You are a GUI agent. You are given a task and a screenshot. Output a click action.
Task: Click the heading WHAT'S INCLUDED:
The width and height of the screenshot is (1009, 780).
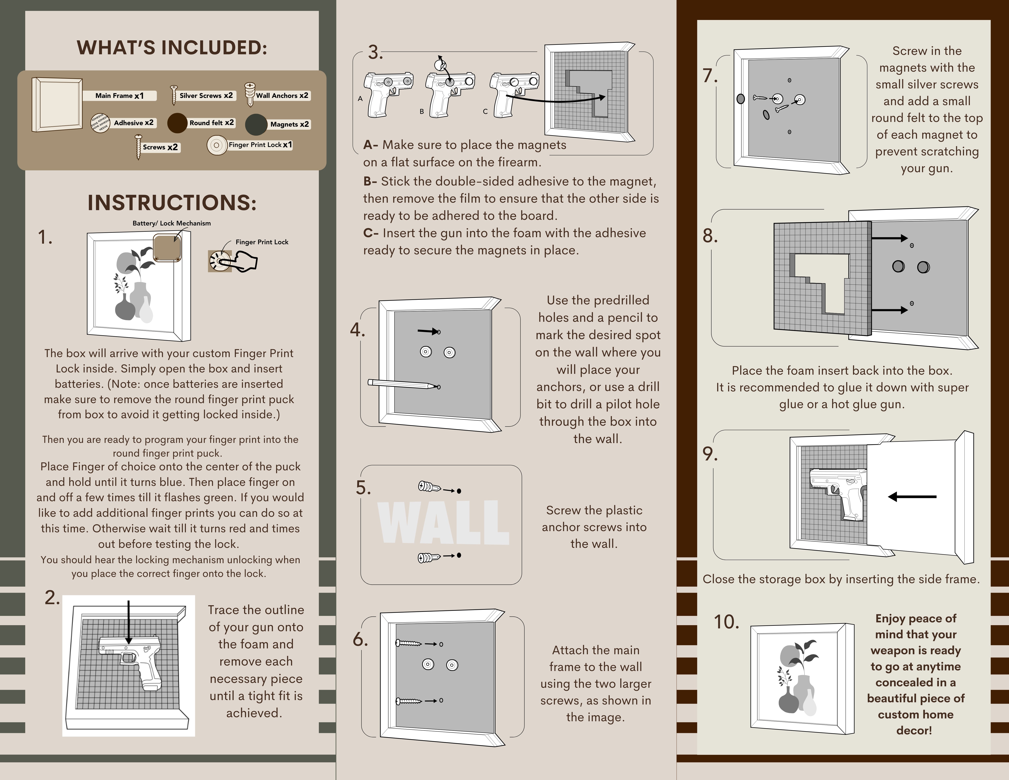pyautogui.click(x=172, y=48)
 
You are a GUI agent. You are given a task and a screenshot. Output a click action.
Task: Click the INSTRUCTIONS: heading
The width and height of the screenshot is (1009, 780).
pyautogui.click(x=172, y=203)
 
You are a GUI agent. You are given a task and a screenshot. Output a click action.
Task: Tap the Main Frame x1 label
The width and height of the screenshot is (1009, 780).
pyautogui.click(x=119, y=96)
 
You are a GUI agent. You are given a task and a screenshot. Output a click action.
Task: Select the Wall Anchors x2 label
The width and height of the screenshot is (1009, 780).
pyautogui.click(x=282, y=96)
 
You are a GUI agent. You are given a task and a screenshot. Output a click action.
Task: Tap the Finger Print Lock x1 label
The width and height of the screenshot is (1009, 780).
pyautogui.click(x=260, y=145)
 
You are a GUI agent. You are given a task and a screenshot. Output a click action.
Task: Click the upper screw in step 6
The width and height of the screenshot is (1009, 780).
pyautogui.click(x=409, y=643)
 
